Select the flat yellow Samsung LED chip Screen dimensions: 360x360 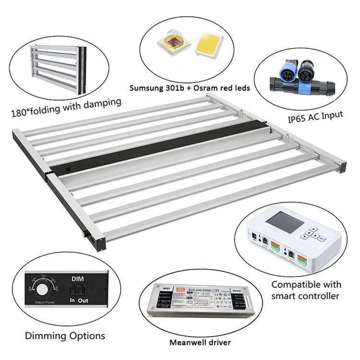pos(207,46)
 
